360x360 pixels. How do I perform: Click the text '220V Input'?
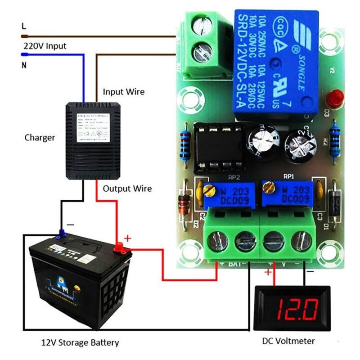(45, 46)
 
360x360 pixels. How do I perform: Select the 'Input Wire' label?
(124, 92)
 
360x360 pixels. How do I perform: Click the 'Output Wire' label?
(127, 189)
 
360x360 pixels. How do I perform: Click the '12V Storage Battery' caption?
(80, 343)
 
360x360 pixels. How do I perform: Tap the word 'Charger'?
(40, 138)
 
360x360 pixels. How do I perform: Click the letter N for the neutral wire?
(24, 65)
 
